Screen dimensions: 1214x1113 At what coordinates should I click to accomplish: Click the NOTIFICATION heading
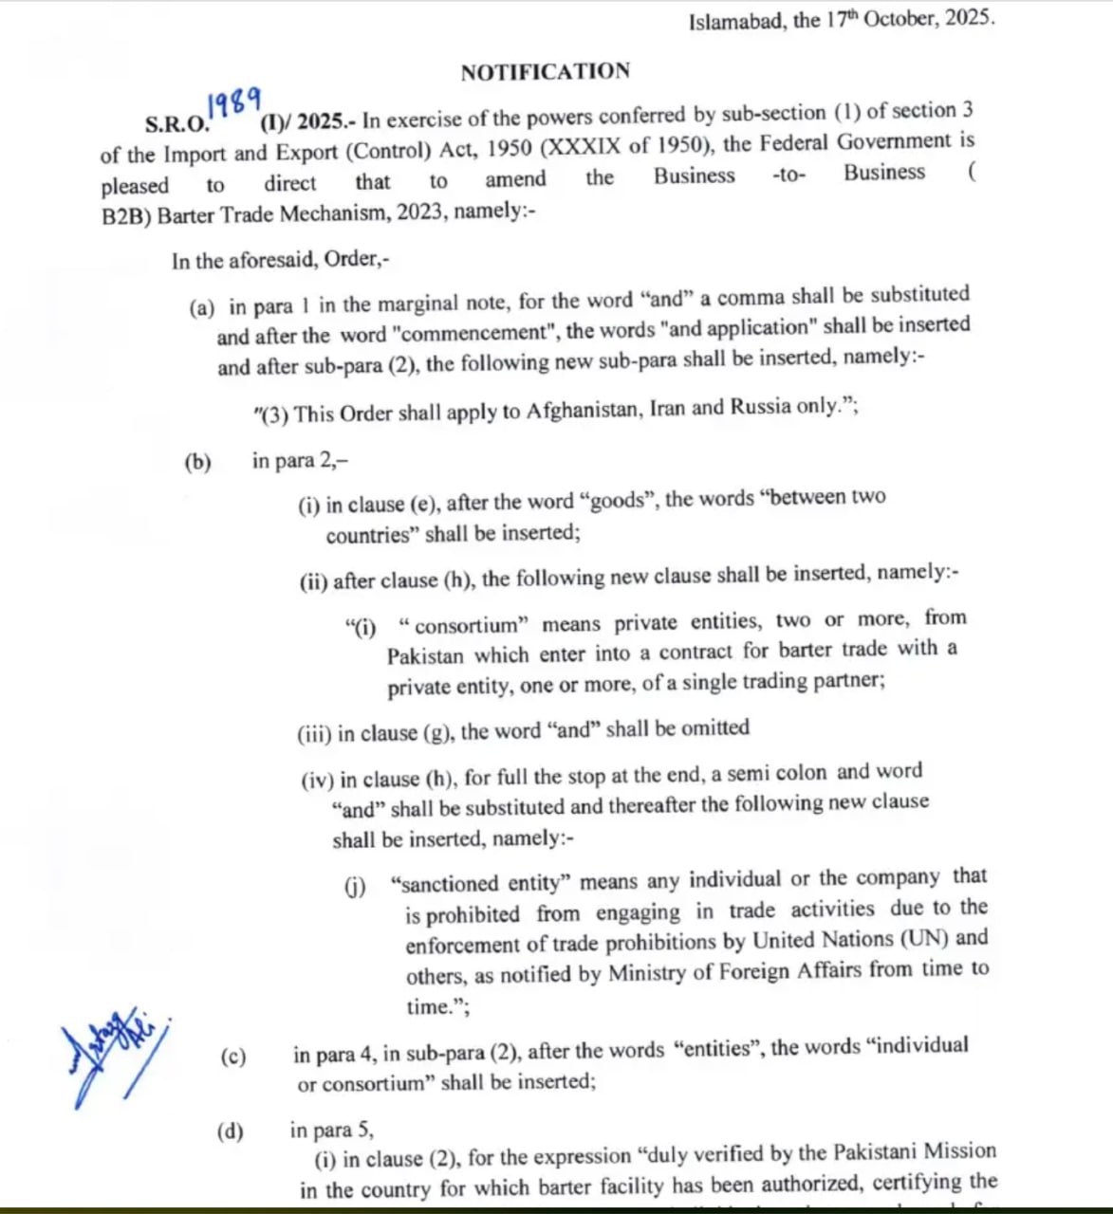tap(545, 72)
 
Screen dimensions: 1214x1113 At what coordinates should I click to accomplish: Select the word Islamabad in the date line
tap(736, 21)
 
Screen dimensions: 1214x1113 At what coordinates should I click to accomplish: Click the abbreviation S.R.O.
tap(176, 124)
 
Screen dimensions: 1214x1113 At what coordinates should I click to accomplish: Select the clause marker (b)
tap(197, 463)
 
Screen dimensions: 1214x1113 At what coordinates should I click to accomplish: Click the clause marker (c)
tap(232, 1057)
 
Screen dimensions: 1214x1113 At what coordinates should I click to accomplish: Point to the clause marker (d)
tap(230, 1131)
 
